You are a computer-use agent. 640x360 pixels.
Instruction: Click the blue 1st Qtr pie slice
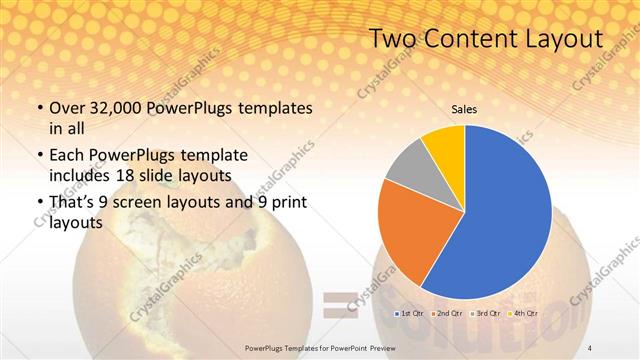[505, 215]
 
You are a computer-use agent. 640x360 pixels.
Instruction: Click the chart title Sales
[464, 109]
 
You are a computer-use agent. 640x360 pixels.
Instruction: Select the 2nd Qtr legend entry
[446, 313]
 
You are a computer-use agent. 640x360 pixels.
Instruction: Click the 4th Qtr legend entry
[522, 313]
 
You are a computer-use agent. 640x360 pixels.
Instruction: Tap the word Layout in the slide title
[559, 39]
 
